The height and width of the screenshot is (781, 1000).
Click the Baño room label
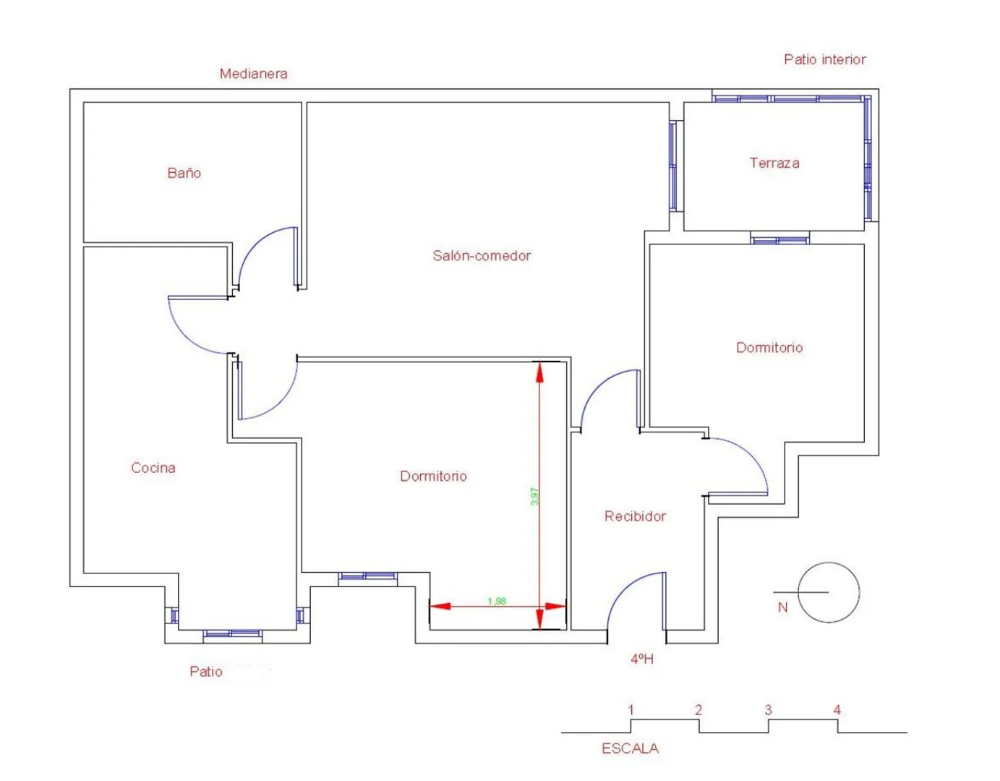(184, 173)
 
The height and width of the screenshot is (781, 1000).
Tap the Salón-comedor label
(482, 255)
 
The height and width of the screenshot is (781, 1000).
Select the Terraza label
(774, 163)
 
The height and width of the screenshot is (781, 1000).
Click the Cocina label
(153, 468)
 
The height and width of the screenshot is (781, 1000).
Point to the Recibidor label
(635, 516)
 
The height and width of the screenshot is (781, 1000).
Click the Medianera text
(253, 74)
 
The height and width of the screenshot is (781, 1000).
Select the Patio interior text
(825, 59)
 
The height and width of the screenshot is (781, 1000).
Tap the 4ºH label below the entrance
(641, 659)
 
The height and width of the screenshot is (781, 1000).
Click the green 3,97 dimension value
(534, 496)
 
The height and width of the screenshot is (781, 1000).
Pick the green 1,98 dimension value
(497, 601)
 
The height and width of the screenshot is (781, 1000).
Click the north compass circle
(828, 562)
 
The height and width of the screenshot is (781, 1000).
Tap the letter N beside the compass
(782, 607)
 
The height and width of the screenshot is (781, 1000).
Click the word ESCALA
(630, 748)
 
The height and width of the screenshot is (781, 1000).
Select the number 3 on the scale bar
(768, 710)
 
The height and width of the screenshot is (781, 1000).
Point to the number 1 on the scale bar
(631, 710)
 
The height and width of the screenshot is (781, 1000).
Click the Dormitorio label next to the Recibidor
(433, 476)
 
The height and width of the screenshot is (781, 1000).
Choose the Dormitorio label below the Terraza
(769, 347)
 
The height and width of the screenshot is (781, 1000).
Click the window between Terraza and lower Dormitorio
(779, 240)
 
